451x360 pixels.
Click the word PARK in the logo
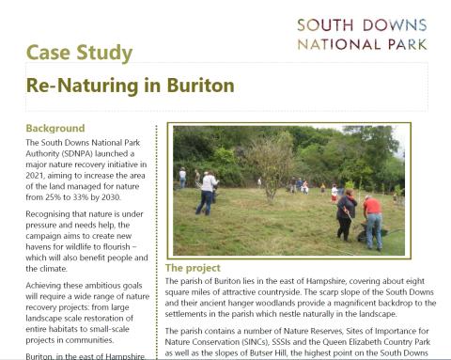click(x=406, y=43)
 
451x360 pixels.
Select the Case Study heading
click(x=79, y=52)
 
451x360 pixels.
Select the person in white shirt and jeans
click(x=207, y=192)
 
